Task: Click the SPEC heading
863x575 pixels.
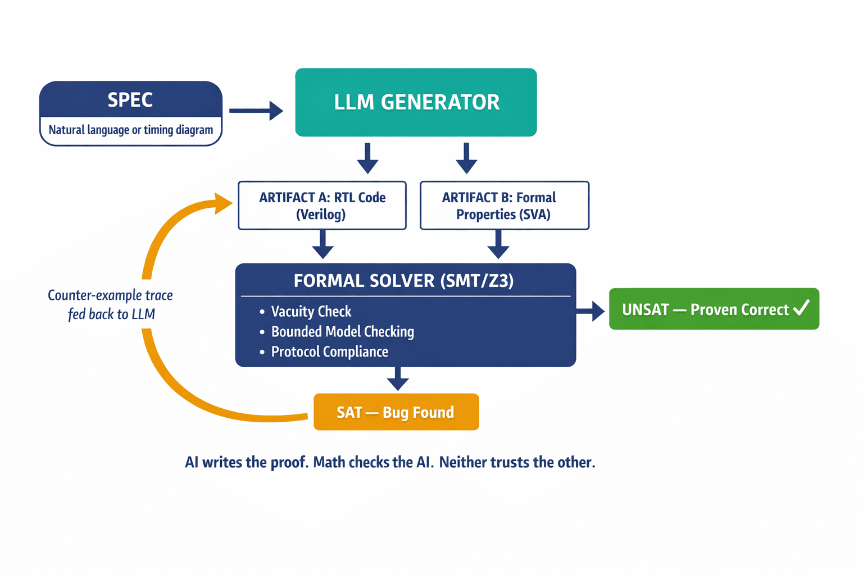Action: click(x=130, y=100)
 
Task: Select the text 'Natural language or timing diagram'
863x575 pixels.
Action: click(x=131, y=130)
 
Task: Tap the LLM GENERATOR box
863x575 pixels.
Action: click(x=416, y=102)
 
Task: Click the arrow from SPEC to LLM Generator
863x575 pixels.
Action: click(x=256, y=111)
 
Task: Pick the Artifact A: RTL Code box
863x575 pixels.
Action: click(x=322, y=206)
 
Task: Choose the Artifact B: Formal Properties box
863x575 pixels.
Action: click(x=504, y=206)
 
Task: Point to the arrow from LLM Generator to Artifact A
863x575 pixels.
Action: click(x=367, y=158)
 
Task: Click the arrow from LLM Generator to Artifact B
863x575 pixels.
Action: click(x=466, y=158)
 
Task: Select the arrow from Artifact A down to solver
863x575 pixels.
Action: click(x=323, y=245)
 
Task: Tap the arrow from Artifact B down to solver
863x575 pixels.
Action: click(x=498, y=245)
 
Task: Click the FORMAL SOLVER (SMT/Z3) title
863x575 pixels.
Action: click(x=403, y=281)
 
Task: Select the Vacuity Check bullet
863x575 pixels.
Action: click(x=311, y=312)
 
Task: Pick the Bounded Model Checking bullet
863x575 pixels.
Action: click(x=342, y=332)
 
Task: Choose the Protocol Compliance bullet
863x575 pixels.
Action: click(x=329, y=352)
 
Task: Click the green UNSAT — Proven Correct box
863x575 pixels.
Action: click(x=714, y=309)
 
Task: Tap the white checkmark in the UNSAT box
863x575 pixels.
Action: click(x=801, y=307)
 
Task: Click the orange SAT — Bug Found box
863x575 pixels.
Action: click(x=396, y=412)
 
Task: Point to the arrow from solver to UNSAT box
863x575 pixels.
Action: click(x=591, y=311)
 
